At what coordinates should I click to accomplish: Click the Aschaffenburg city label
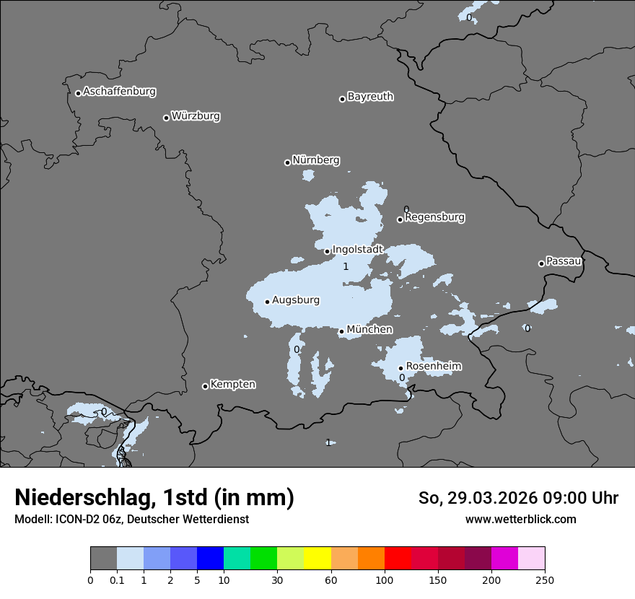coord(119,92)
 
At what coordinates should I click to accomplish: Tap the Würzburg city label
coord(196,116)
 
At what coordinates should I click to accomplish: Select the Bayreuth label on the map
coord(370,97)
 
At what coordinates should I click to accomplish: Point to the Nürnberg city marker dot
coord(287,162)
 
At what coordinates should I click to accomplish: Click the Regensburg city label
coord(434,217)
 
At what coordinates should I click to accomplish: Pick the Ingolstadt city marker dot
coord(327,252)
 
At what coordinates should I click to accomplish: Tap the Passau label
coord(564,261)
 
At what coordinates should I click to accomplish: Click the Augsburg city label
coord(295,300)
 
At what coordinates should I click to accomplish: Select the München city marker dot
coord(341,332)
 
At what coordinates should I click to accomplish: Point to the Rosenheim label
coord(433,367)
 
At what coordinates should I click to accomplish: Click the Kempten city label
coord(232,385)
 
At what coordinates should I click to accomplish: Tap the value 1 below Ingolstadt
coord(346,267)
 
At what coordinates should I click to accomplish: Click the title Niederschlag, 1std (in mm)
coord(154,497)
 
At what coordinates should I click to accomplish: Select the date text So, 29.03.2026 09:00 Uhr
coord(518,498)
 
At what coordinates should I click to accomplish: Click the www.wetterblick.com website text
coord(520,520)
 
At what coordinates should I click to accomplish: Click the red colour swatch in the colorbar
coord(398,559)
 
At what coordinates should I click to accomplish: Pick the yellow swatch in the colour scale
coord(317,559)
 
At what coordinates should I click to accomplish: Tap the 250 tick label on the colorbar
coord(545,580)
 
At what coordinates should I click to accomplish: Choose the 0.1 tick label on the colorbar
coord(117,580)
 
